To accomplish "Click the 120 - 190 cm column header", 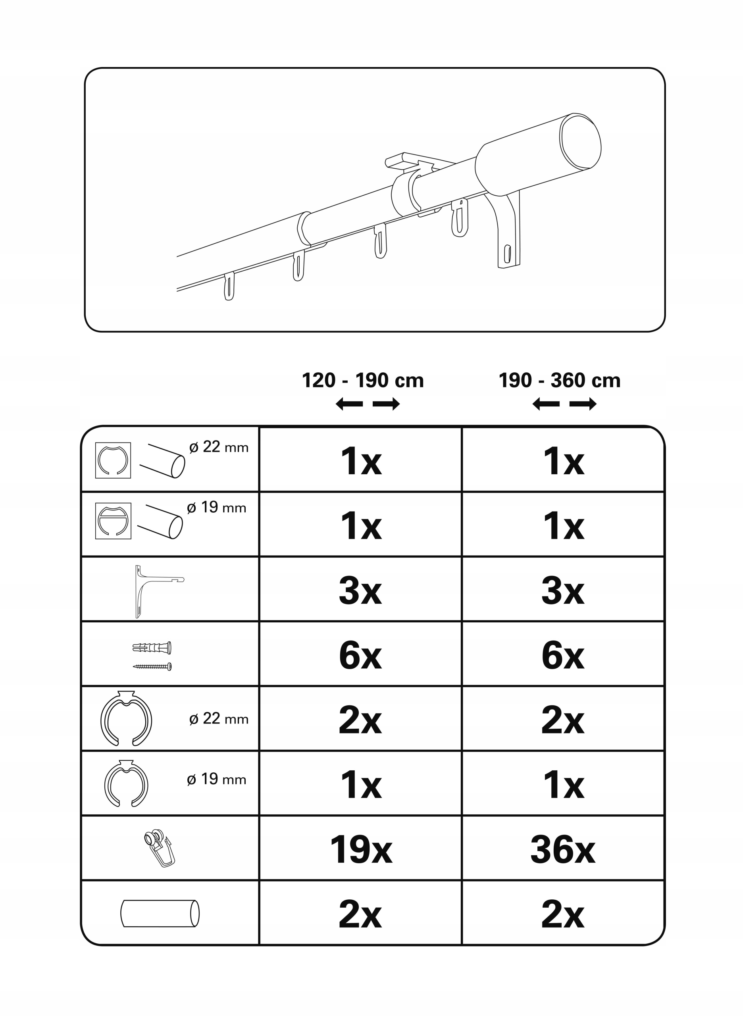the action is pyautogui.click(x=362, y=381).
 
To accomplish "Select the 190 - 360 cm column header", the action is pyautogui.click(x=560, y=381).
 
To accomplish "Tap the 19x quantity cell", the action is pyautogui.click(x=361, y=850).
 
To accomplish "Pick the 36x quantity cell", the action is pyautogui.click(x=563, y=850).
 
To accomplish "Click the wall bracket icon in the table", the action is pyautogui.click(x=159, y=591).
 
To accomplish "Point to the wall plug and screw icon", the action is pyautogui.click(x=152, y=656).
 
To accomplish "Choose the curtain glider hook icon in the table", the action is pyautogui.click(x=160, y=848).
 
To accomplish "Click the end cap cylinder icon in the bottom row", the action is pyautogui.click(x=160, y=914).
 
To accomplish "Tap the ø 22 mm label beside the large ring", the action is pyautogui.click(x=219, y=719).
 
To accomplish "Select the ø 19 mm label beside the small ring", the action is pyautogui.click(x=216, y=779).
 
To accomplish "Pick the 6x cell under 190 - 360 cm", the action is pyautogui.click(x=563, y=656).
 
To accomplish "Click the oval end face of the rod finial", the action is pyautogui.click(x=580, y=141).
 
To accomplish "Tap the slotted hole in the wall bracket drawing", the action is pyautogui.click(x=508, y=254).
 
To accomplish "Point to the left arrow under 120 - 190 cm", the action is pyautogui.click(x=349, y=404).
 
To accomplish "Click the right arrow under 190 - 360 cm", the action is pyautogui.click(x=583, y=404).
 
